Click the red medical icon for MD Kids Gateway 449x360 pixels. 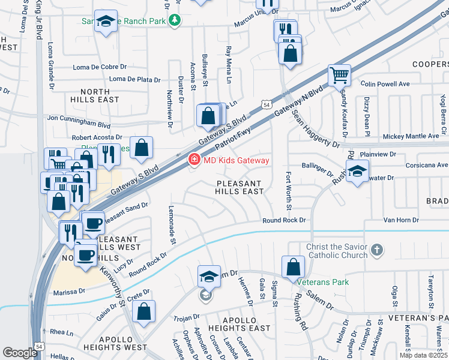(194, 160)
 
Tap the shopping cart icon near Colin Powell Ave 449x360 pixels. (339, 76)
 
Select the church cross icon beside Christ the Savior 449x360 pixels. (376, 250)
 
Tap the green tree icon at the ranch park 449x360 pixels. (175, 20)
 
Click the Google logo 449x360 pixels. (20, 353)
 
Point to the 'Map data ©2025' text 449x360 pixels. (423, 355)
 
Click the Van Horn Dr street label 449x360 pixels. (395, 220)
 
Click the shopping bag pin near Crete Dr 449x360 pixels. (143, 311)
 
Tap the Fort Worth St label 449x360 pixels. (289, 191)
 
